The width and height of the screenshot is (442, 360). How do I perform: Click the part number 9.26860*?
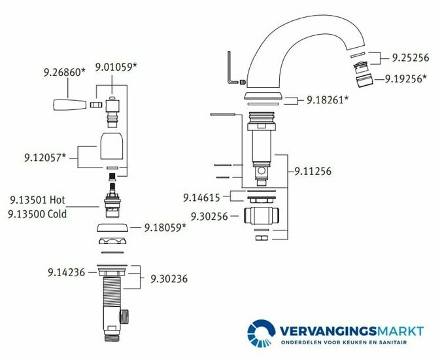click(64, 73)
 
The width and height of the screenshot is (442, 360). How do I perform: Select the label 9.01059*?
click(116, 67)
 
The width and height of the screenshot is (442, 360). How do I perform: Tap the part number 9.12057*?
click(45, 158)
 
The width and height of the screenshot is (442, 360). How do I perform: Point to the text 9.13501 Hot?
click(37, 200)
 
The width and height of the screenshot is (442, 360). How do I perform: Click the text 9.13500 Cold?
click(37, 214)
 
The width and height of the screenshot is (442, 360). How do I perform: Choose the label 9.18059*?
click(165, 227)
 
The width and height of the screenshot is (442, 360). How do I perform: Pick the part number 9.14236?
click(66, 272)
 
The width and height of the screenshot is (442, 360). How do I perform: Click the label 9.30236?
click(169, 279)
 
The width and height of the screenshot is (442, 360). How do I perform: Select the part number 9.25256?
click(411, 58)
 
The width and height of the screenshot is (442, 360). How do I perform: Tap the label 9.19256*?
click(406, 79)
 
